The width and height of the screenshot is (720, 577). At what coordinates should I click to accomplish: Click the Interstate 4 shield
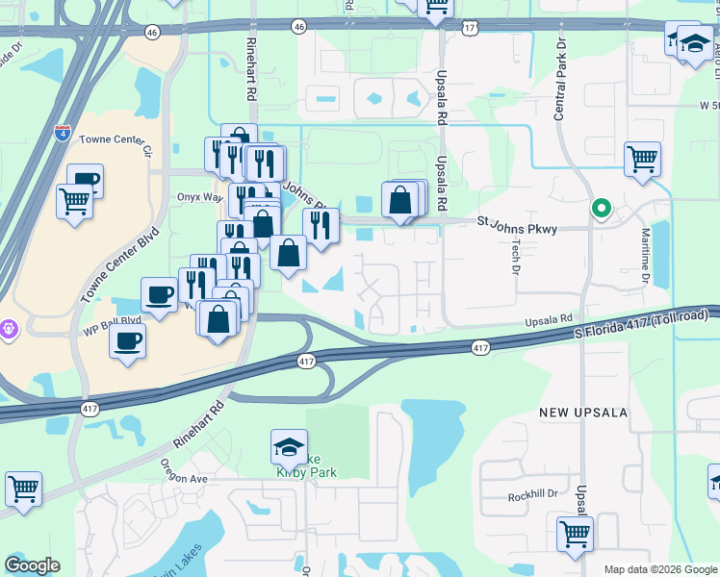pos(63,130)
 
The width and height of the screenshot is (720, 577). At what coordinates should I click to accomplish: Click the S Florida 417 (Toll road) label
pos(646,324)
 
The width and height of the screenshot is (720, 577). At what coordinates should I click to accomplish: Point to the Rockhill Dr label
pos(533,494)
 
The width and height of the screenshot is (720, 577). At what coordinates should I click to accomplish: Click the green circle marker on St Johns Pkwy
pos(602,208)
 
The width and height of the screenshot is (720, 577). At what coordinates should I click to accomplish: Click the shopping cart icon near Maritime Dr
pos(642,159)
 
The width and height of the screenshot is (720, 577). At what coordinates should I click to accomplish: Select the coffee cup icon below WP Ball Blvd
pos(127,340)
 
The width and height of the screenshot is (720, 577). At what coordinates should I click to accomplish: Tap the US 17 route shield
pos(469,29)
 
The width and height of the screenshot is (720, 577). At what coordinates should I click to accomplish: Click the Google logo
pos(32,565)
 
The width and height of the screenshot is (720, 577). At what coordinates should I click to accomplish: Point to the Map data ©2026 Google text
pos(658,569)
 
